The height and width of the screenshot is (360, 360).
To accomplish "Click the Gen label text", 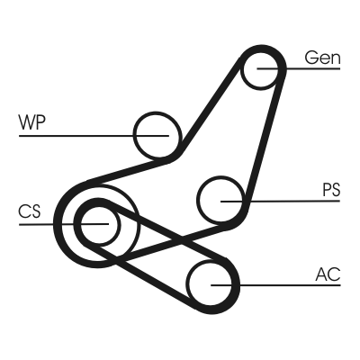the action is [322, 58].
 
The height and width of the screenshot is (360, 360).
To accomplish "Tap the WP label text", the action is [31, 122].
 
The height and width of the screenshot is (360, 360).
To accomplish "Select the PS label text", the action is [331, 190].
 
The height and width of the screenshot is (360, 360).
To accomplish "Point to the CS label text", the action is [29, 211].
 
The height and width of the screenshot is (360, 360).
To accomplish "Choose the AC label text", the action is [328, 274].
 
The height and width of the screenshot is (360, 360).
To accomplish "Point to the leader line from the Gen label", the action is [299, 68].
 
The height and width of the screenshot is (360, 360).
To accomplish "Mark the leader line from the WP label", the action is [94, 136].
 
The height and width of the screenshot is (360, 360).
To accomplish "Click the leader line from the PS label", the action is [280, 201].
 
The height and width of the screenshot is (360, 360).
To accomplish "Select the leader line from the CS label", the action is [64, 224].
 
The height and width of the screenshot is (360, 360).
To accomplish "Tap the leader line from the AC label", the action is [275, 285].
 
